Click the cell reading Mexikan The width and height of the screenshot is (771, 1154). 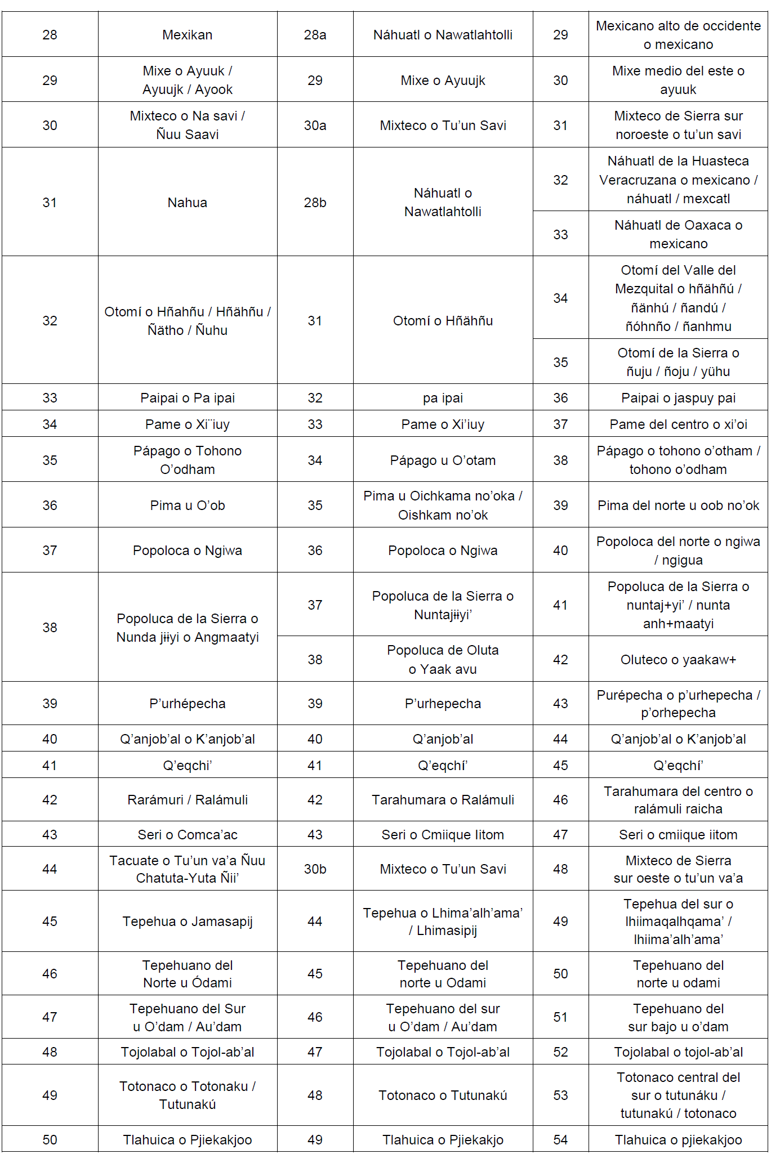pyautogui.click(x=188, y=35)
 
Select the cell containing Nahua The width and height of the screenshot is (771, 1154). pyautogui.click(x=188, y=203)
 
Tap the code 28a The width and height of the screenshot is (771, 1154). pyautogui.click(x=315, y=35)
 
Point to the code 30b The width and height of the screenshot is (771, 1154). pyautogui.click(x=315, y=869)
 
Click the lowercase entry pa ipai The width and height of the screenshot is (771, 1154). pyautogui.click(x=443, y=398)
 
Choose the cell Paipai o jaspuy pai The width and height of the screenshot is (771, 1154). pyautogui.click(x=678, y=398)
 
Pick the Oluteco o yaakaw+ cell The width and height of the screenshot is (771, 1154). pyautogui.click(x=678, y=660)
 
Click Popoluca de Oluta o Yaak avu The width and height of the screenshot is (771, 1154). pyautogui.click(x=443, y=660)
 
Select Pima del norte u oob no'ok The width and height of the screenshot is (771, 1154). pyautogui.click(x=678, y=506)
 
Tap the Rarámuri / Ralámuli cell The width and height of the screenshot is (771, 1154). pyautogui.click(x=188, y=800)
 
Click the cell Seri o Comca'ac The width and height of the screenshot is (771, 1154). pyautogui.click(x=188, y=835)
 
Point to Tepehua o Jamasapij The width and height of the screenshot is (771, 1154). pyautogui.click(x=188, y=922)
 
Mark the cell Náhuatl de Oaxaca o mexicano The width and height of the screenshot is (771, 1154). pyautogui.click(x=678, y=234)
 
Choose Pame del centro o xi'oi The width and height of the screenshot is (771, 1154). pyautogui.click(x=678, y=424)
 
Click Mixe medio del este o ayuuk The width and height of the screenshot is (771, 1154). pyautogui.click(x=678, y=80)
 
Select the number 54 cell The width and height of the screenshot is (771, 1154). pyautogui.click(x=560, y=1140)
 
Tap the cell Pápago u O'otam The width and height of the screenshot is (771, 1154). pyautogui.click(x=443, y=460)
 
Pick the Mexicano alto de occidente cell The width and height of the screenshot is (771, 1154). pyautogui.click(x=678, y=35)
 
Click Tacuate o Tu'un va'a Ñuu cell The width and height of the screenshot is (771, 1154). pyautogui.click(x=188, y=869)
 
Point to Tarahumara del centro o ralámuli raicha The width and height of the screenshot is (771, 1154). pyautogui.click(x=678, y=800)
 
